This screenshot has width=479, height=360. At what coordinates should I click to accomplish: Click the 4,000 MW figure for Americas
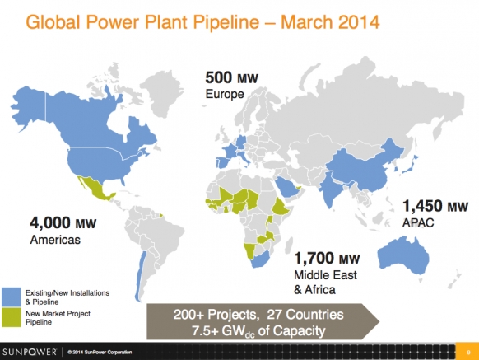[x=63, y=222]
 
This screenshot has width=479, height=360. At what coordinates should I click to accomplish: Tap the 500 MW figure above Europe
[x=232, y=77]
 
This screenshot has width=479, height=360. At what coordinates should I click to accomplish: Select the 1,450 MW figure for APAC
[x=435, y=206]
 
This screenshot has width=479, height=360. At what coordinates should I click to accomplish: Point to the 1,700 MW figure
[x=327, y=258]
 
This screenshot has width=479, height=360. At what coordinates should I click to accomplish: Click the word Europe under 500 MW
[x=225, y=94]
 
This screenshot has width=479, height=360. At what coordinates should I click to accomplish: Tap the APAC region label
[x=418, y=222]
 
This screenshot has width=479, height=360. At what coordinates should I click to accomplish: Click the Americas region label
[x=55, y=240]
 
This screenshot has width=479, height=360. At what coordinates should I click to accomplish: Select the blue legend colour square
[x=12, y=297]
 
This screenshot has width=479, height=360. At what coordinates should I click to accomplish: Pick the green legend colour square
[x=12, y=317]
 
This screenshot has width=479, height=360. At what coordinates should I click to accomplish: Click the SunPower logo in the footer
[x=30, y=352]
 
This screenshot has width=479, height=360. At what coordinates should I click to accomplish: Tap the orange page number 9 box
[x=467, y=352]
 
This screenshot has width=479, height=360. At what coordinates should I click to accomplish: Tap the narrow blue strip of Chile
[x=139, y=275]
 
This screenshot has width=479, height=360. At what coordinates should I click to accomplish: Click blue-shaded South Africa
[x=260, y=259]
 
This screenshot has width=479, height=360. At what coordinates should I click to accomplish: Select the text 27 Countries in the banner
[x=305, y=315]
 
